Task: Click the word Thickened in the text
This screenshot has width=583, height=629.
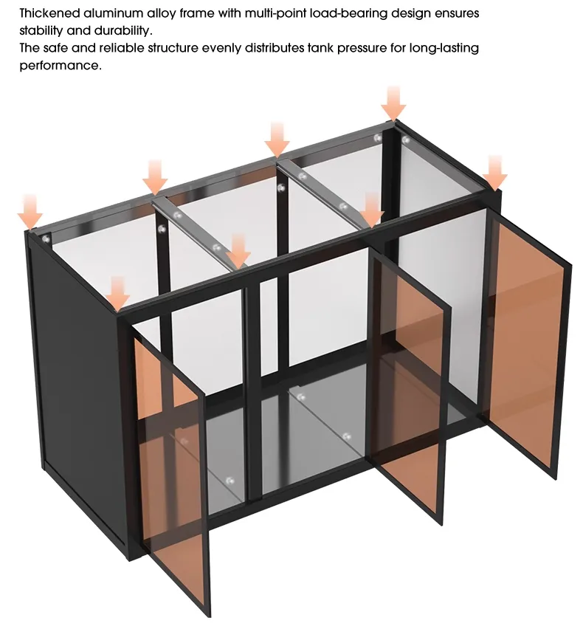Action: (x=49, y=13)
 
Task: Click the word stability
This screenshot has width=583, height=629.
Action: (x=41, y=30)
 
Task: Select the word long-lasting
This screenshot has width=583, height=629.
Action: (x=444, y=49)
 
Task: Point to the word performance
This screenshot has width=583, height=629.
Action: (x=61, y=66)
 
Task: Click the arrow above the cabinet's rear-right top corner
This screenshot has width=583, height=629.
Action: (x=394, y=103)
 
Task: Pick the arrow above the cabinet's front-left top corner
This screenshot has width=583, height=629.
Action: (x=117, y=294)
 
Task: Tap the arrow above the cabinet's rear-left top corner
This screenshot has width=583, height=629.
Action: (x=30, y=212)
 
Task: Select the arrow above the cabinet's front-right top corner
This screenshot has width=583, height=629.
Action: (x=495, y=173)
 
